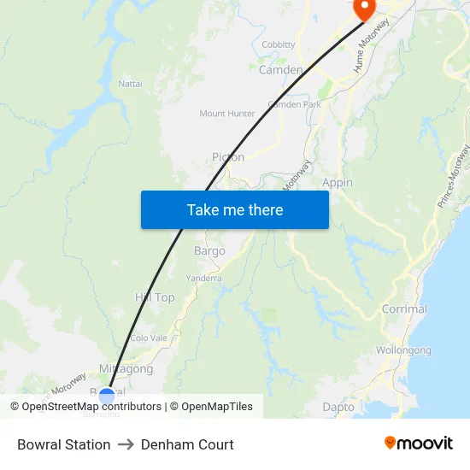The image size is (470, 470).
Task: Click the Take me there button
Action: tap(234, 209)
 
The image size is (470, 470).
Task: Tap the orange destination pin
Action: tap(364, 9)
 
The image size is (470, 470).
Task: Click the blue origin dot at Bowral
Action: tap(107, 395)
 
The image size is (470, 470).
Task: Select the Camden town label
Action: tap(280, 70)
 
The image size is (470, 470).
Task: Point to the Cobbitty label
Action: tap(279, 44)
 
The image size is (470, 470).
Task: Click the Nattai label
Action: tap(131, 83)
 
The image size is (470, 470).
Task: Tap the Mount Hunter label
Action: tap(227, 114)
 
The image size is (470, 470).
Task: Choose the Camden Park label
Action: tap(294, 104)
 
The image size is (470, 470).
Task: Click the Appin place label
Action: tap(338, 183)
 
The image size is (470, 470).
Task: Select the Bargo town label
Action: tap(209, 251)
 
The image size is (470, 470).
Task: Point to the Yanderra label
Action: tap(204, 278)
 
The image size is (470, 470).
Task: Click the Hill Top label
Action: tap(155, 297)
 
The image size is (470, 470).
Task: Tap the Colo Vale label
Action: tap(149, 338)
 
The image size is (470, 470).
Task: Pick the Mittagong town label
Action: tap(126, 369)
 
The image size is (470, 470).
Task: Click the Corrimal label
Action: tap(404, 309)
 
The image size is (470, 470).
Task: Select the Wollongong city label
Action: tap(403, 350)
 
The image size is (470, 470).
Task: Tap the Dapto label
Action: tap(338, 408)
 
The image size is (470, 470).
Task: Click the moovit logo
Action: tap(419, 444)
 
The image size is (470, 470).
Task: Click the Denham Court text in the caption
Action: tap(187, 444)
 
